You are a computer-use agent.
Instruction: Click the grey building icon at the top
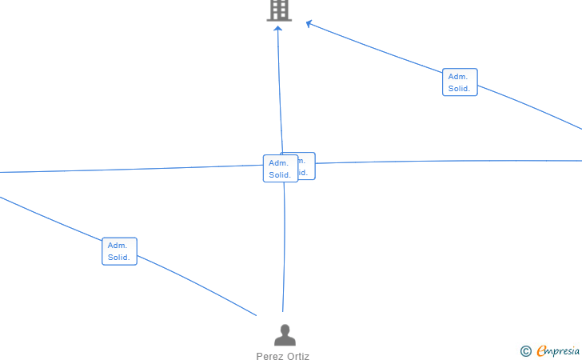(x=279, y=10)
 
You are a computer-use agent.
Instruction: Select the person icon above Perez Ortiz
(x=284, y=335)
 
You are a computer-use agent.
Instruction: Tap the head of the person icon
(x=284, y=329)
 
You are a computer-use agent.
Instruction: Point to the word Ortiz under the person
(x=297, y=357)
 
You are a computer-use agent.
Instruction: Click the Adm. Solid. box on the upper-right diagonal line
(x=460, y=82)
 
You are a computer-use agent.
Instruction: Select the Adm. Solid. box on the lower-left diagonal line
(x=119, y=251)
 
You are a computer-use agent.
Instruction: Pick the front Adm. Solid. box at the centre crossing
(x=280, y=168)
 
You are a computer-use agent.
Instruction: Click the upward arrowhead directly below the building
(x=278, y=30)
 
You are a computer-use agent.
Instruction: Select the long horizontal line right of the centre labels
(x=448, y=162)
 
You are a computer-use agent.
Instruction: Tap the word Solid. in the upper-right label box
(x=459, y=89)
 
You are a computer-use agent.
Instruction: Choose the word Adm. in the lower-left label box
(x=118, y=246)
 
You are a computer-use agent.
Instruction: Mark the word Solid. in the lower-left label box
(x=119, y=258)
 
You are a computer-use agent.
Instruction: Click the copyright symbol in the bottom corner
(x=525, y=350)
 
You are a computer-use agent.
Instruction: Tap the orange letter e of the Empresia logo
(x=541, y=350)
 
